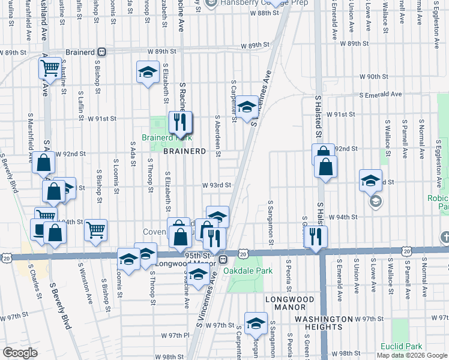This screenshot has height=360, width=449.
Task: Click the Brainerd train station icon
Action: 102,52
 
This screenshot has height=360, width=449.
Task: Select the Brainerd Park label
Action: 159,137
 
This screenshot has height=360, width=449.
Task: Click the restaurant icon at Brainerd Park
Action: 180,124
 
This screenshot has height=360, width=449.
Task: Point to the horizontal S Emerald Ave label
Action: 381,95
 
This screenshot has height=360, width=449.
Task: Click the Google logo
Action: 20,353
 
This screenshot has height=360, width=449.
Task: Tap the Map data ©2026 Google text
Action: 412,355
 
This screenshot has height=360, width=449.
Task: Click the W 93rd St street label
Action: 217,185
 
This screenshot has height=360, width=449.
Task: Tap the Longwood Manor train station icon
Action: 221,259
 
